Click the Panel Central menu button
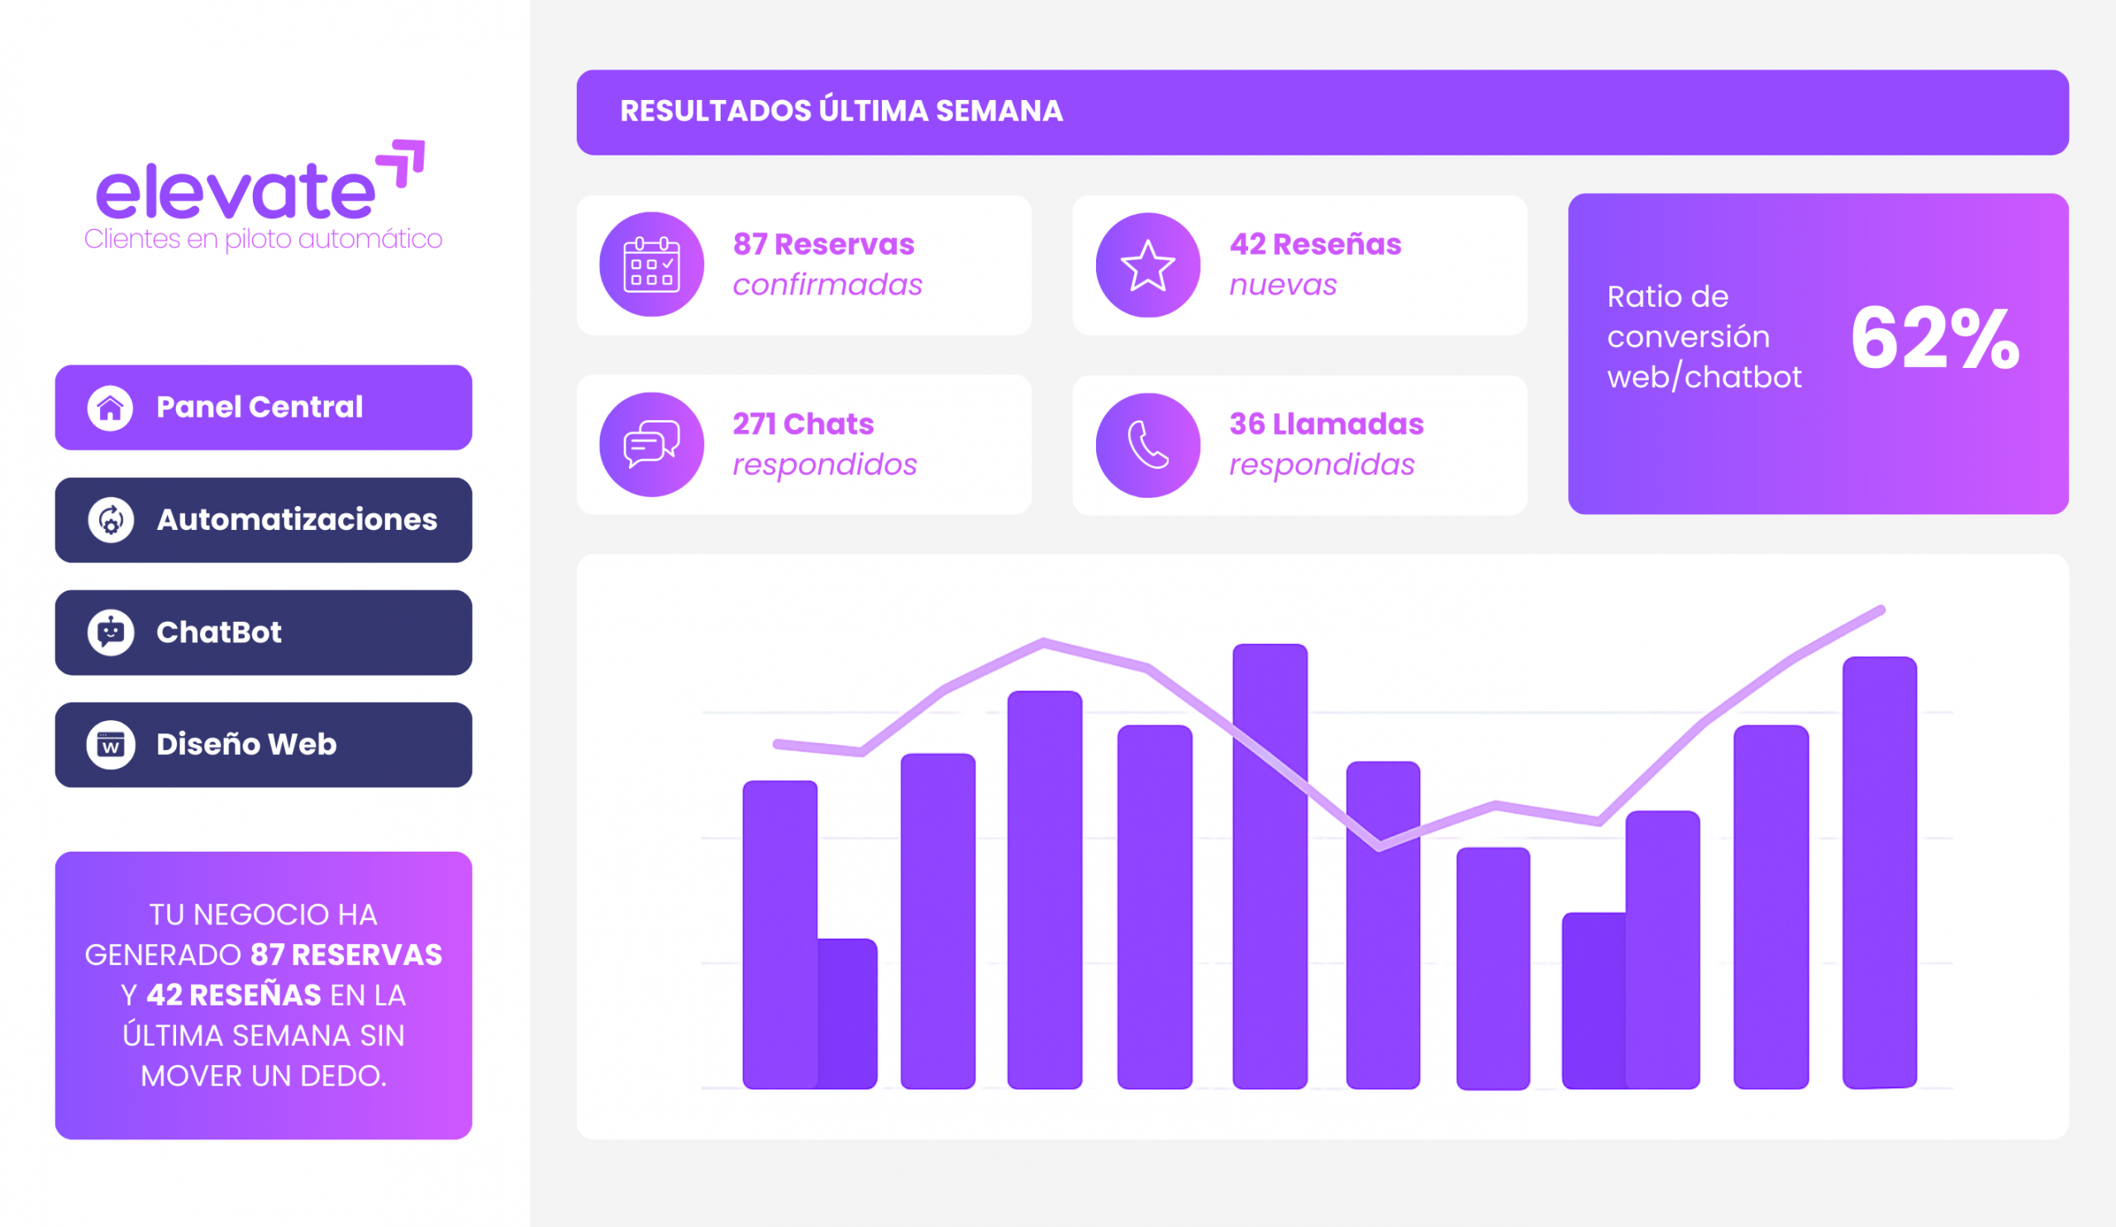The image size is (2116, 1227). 263,408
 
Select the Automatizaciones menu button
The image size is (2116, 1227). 263,520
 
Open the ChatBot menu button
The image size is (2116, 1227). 263,632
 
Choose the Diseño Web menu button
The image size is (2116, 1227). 263,744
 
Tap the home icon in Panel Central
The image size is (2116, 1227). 110,408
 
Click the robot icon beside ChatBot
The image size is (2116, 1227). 110,633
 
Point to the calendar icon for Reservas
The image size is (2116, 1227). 651,265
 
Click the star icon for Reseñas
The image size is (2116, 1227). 1148,265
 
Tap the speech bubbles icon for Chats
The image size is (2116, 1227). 651,444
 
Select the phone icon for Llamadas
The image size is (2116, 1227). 1148,445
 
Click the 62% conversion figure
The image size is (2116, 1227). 1935,338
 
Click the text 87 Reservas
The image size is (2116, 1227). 823,245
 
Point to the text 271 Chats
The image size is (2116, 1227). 803,424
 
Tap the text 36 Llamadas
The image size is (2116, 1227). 1326,424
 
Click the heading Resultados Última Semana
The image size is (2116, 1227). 841,112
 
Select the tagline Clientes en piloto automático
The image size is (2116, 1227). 263,239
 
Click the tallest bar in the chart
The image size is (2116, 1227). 1270,865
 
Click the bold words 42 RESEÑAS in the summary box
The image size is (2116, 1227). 233,995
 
